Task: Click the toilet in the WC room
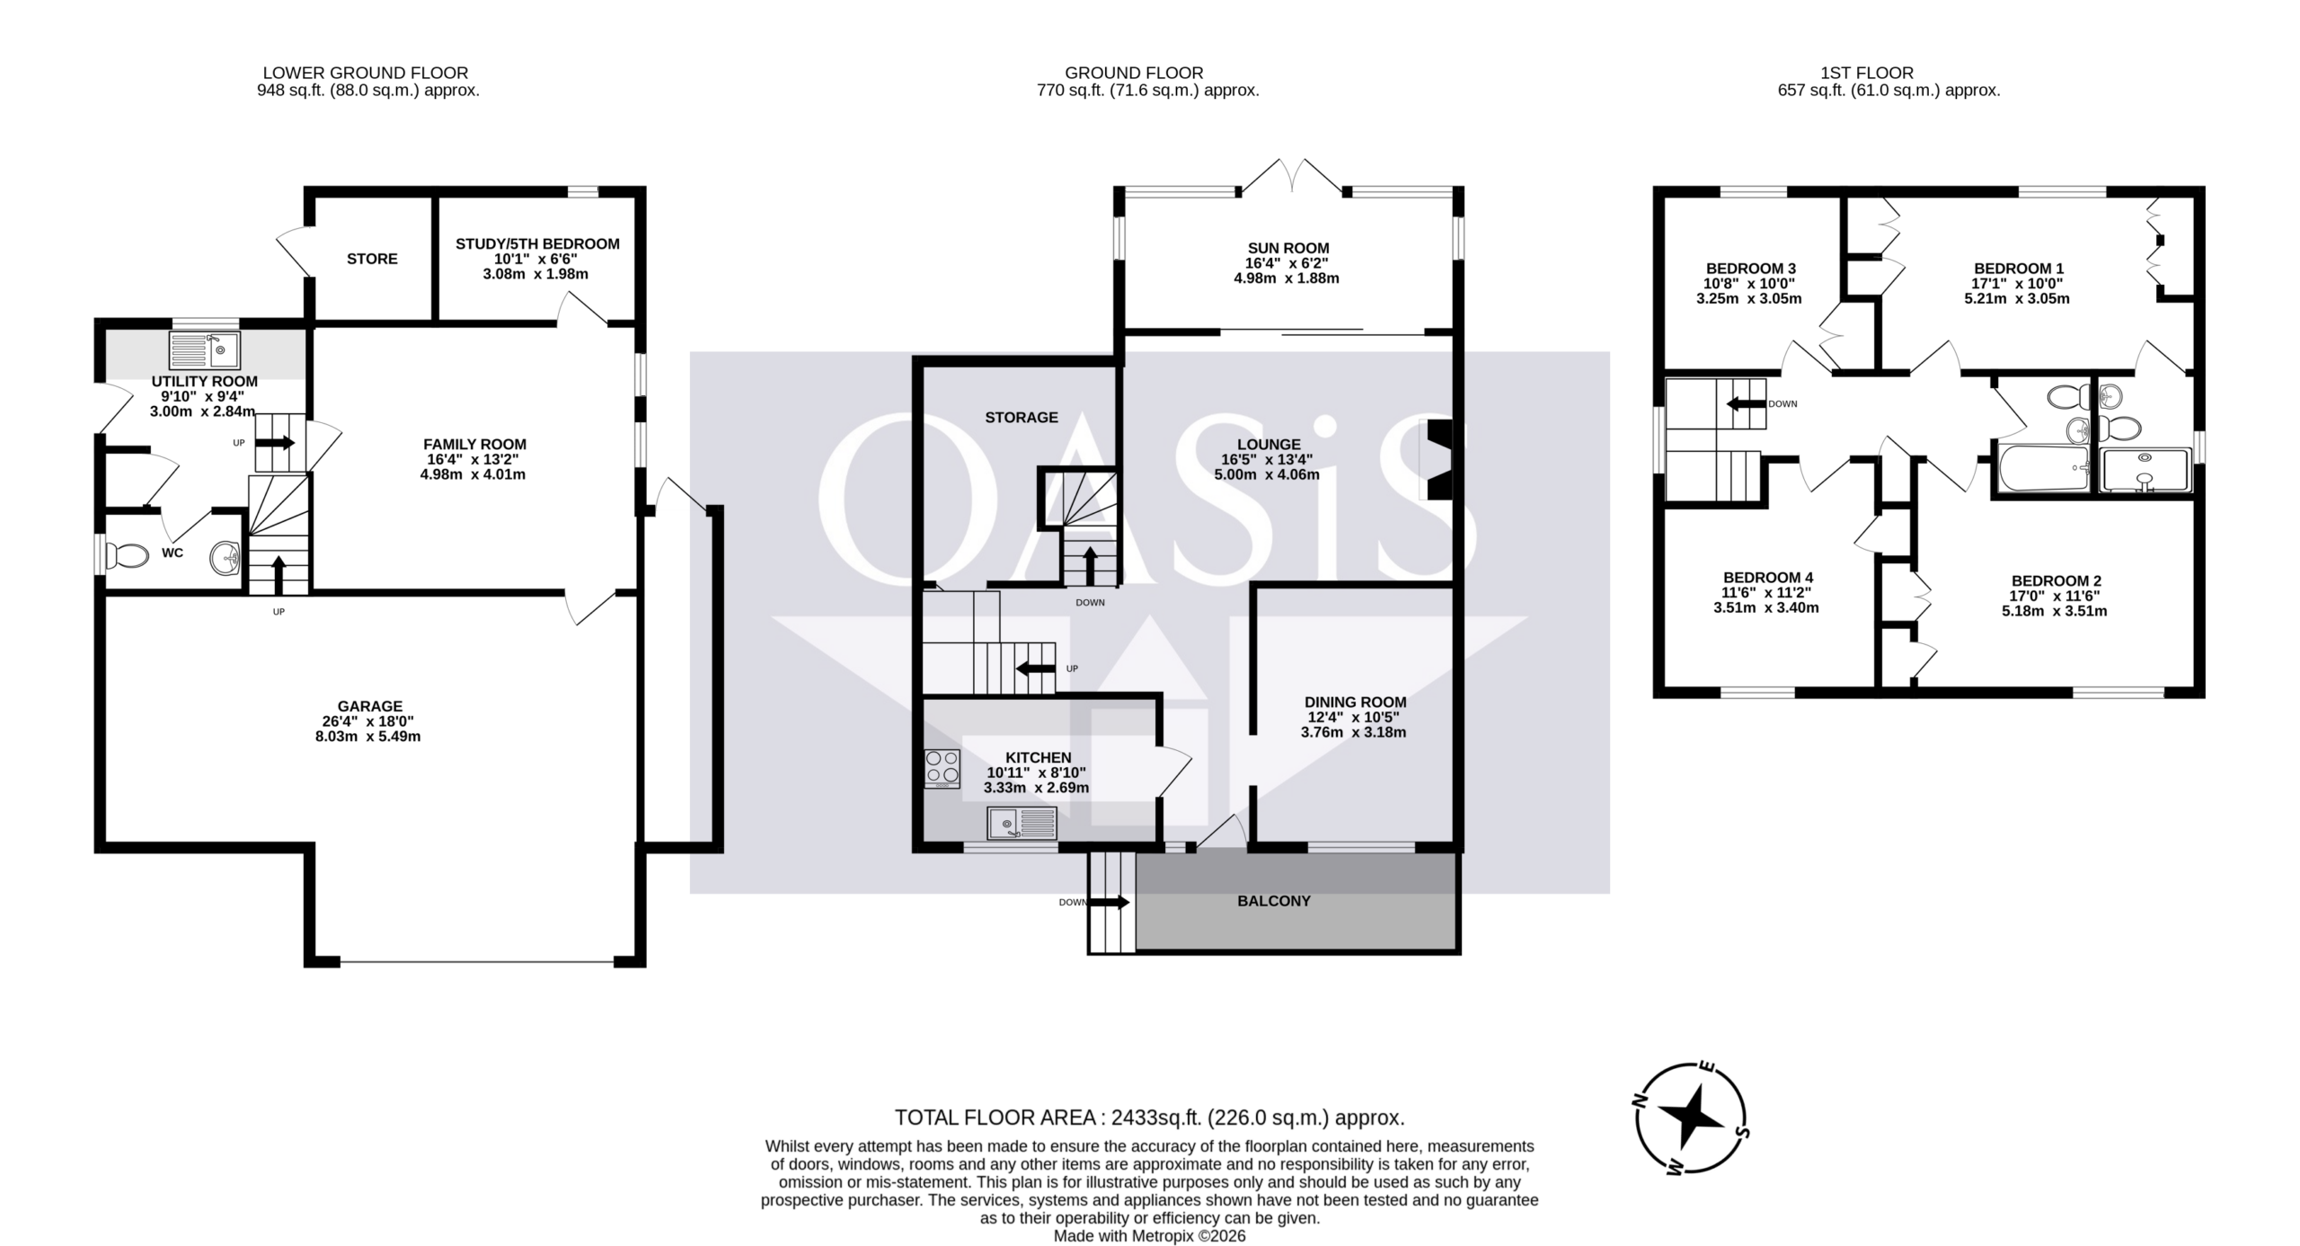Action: (127, 556)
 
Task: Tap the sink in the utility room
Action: (204, 350)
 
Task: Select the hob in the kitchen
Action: (942, 769)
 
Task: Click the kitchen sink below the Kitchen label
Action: (1022, 824)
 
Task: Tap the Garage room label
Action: (370, 706)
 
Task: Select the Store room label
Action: (372, 259)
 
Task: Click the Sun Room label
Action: (1287, 248)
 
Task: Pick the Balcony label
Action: (1274, 901)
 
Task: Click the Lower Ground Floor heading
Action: (366, 73)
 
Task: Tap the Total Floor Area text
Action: (1149, 1118)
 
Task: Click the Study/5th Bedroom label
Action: (537, 243)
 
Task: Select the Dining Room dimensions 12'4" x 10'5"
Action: (1354, 717)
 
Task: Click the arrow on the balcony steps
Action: (1110, 902)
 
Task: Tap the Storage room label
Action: (1022, 417)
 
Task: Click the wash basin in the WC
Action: (226, 557)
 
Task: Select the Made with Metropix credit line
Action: (1149, 1236)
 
